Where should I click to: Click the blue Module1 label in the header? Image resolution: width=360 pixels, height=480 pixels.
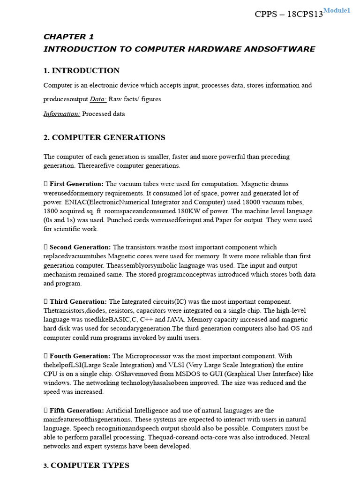click(x=337, y=10)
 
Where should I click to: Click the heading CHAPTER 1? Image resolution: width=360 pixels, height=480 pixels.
click(x=65, y=37)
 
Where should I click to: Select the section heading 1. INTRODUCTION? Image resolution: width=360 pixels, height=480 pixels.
click(x=81, y=71)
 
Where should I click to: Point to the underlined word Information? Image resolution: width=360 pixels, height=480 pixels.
click(x=62, y=114)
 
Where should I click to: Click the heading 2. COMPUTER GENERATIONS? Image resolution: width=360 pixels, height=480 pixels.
click(x=104, y=138)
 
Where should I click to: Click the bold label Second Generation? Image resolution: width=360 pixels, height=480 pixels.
click(x=80, y=247)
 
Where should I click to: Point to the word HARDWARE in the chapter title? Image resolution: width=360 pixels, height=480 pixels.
click(x=206, y=49)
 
